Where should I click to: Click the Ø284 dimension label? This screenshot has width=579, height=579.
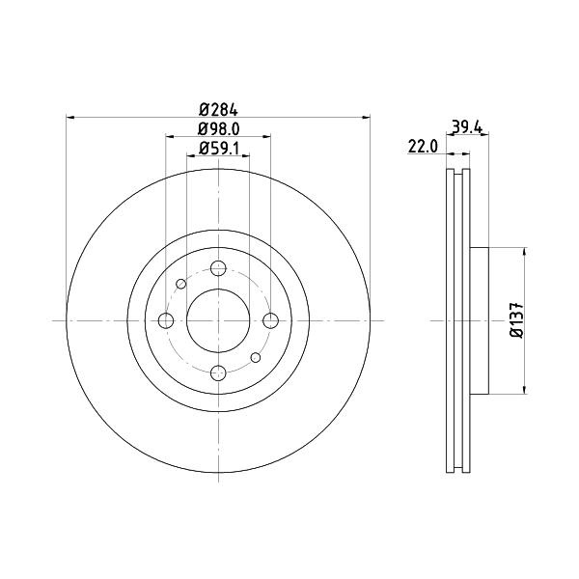[x=218, y=110]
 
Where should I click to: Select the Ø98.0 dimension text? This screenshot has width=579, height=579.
[x=219, y=129]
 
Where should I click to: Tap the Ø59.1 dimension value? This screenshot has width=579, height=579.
[x=219, y=148]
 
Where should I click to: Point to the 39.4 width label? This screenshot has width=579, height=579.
[x=467, y=127]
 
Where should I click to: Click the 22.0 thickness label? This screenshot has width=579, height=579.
[x=423, y=147]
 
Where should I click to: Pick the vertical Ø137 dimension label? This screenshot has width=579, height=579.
[x=517, y=319]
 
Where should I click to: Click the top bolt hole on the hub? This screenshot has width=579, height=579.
[x=218, y=268]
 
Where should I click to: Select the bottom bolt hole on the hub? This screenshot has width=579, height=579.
[x=218, y=372]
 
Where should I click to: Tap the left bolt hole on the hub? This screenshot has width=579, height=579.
[x=166, y=320]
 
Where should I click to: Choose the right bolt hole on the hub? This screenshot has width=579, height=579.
[x=270, y=320]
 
